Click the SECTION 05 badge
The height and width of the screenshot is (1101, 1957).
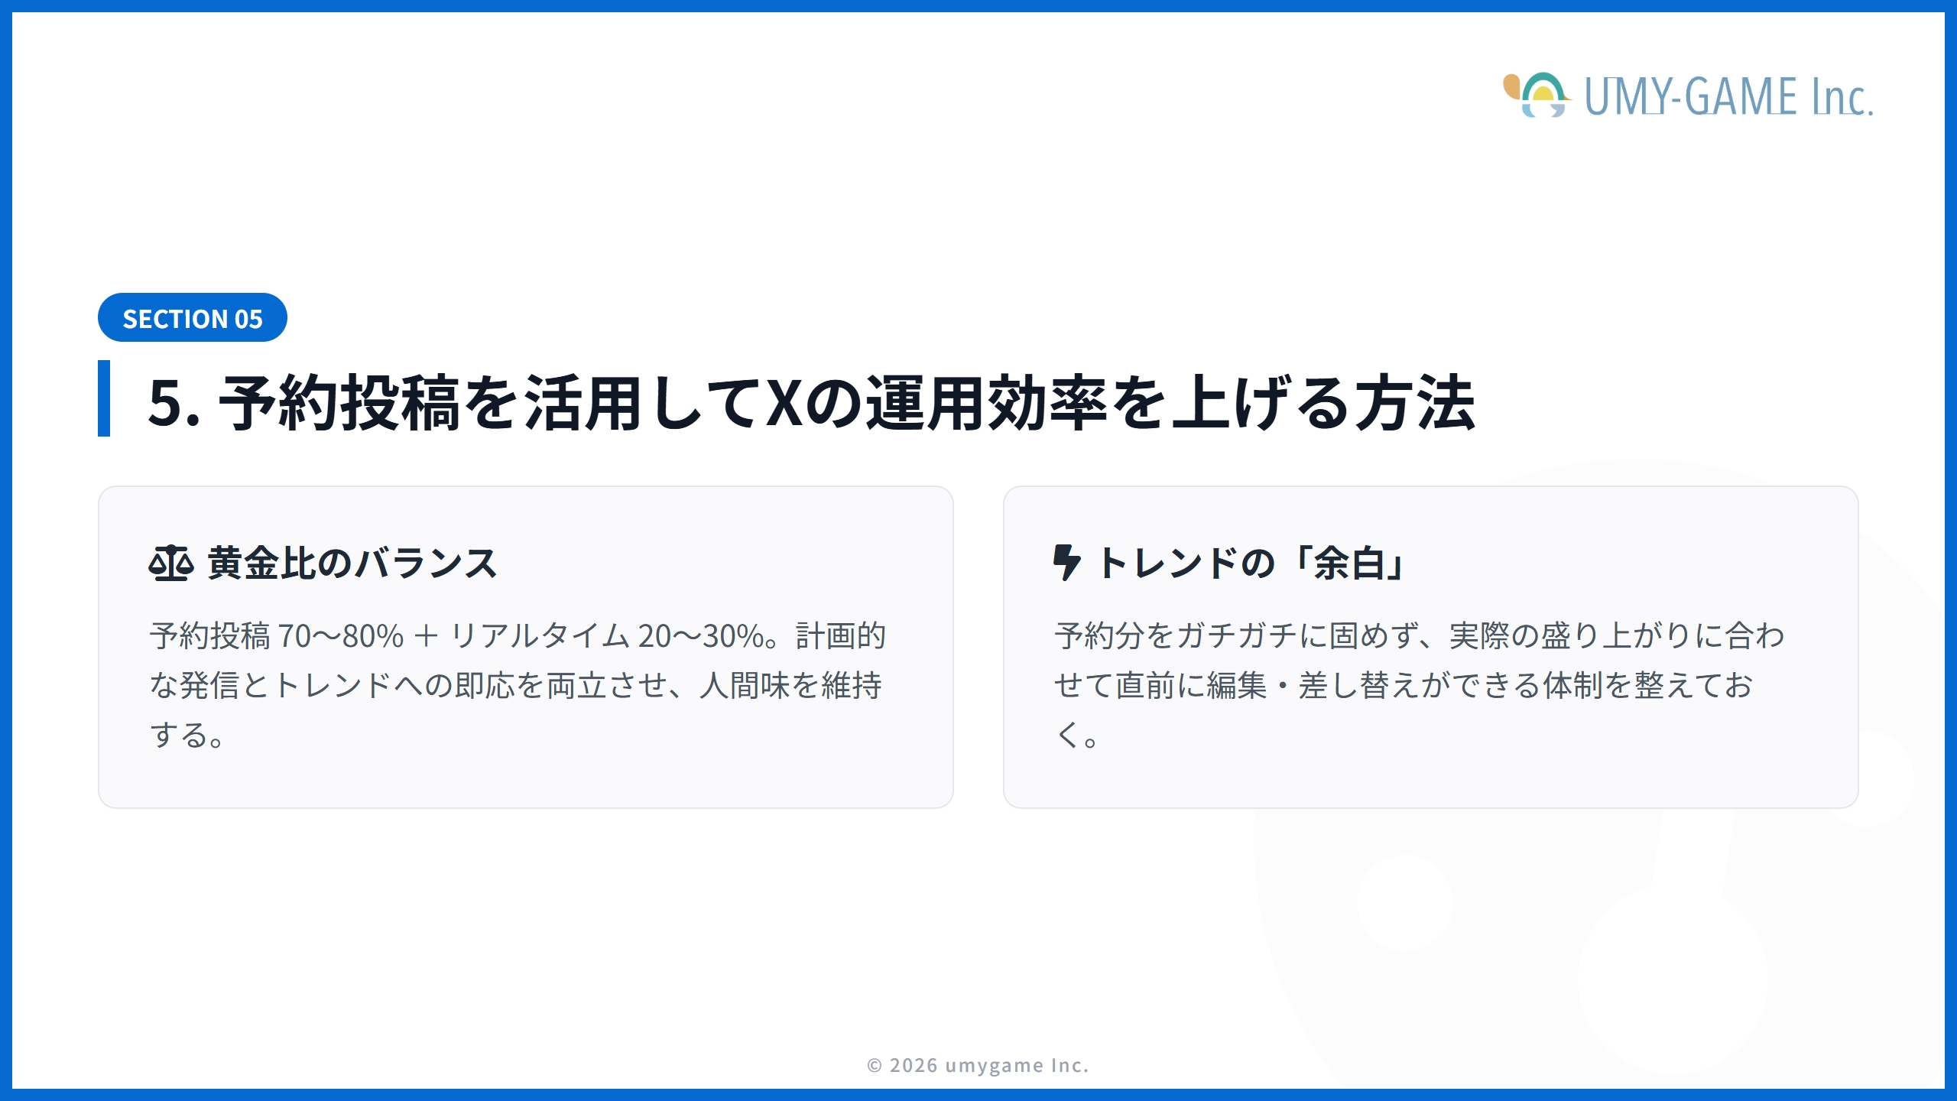point(193,318)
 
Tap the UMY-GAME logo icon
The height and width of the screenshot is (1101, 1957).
point(1537,96)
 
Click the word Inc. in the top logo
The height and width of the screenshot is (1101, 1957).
point(1842,98)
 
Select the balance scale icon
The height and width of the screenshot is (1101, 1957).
point(170,563)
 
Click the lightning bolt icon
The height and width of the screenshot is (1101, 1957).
point(1066,563)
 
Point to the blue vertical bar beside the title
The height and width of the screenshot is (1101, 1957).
point(104,398)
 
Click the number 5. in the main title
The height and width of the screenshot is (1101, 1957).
point(174,403)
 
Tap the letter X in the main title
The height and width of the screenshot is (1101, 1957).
point(784,403)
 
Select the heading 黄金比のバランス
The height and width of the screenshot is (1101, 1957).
point(352,563)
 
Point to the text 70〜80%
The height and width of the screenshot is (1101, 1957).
point(340,636)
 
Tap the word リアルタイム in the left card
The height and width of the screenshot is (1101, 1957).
point(540,636)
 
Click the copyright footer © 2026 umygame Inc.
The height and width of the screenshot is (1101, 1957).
point(978,1065)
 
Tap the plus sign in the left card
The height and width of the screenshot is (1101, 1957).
point(426,636)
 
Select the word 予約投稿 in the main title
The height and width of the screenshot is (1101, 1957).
point(339,403)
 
